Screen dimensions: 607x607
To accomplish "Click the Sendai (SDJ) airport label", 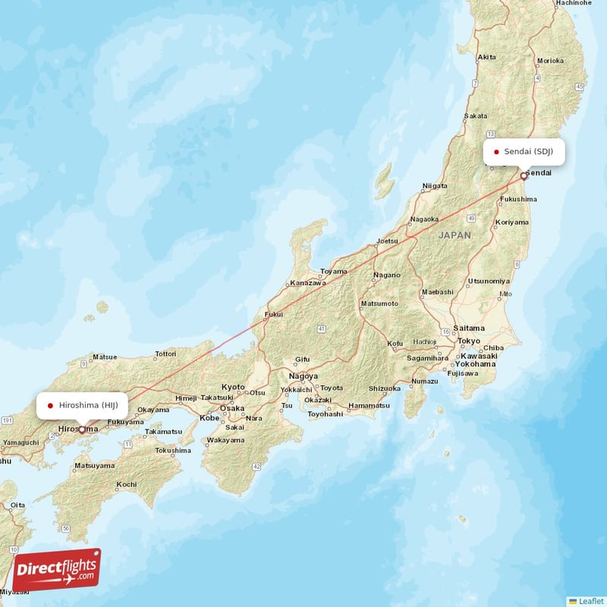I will [x=524, y=151].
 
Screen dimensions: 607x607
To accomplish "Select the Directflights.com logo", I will [x=56, y=569].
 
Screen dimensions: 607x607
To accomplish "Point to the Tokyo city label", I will [x=469, y=341].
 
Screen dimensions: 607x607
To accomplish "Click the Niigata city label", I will [x=435, y=185].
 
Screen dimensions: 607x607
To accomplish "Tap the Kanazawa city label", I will [x=307, y=283].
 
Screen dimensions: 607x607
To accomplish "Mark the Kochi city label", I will [x=127, y=484].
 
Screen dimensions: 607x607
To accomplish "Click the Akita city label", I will [x=486, y=57].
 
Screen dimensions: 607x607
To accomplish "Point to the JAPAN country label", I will [x=454, y=235].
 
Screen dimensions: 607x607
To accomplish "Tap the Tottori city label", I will [x=165, y=354].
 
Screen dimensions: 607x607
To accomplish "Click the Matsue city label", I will [x=105, y=357].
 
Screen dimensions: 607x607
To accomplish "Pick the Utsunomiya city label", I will [x=489, y=281].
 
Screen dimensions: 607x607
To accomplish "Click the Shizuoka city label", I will [x=384, y=388].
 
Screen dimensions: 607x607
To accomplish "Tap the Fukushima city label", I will [x=519, y=199].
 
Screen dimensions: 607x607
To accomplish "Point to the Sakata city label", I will [x=476, y=116].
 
